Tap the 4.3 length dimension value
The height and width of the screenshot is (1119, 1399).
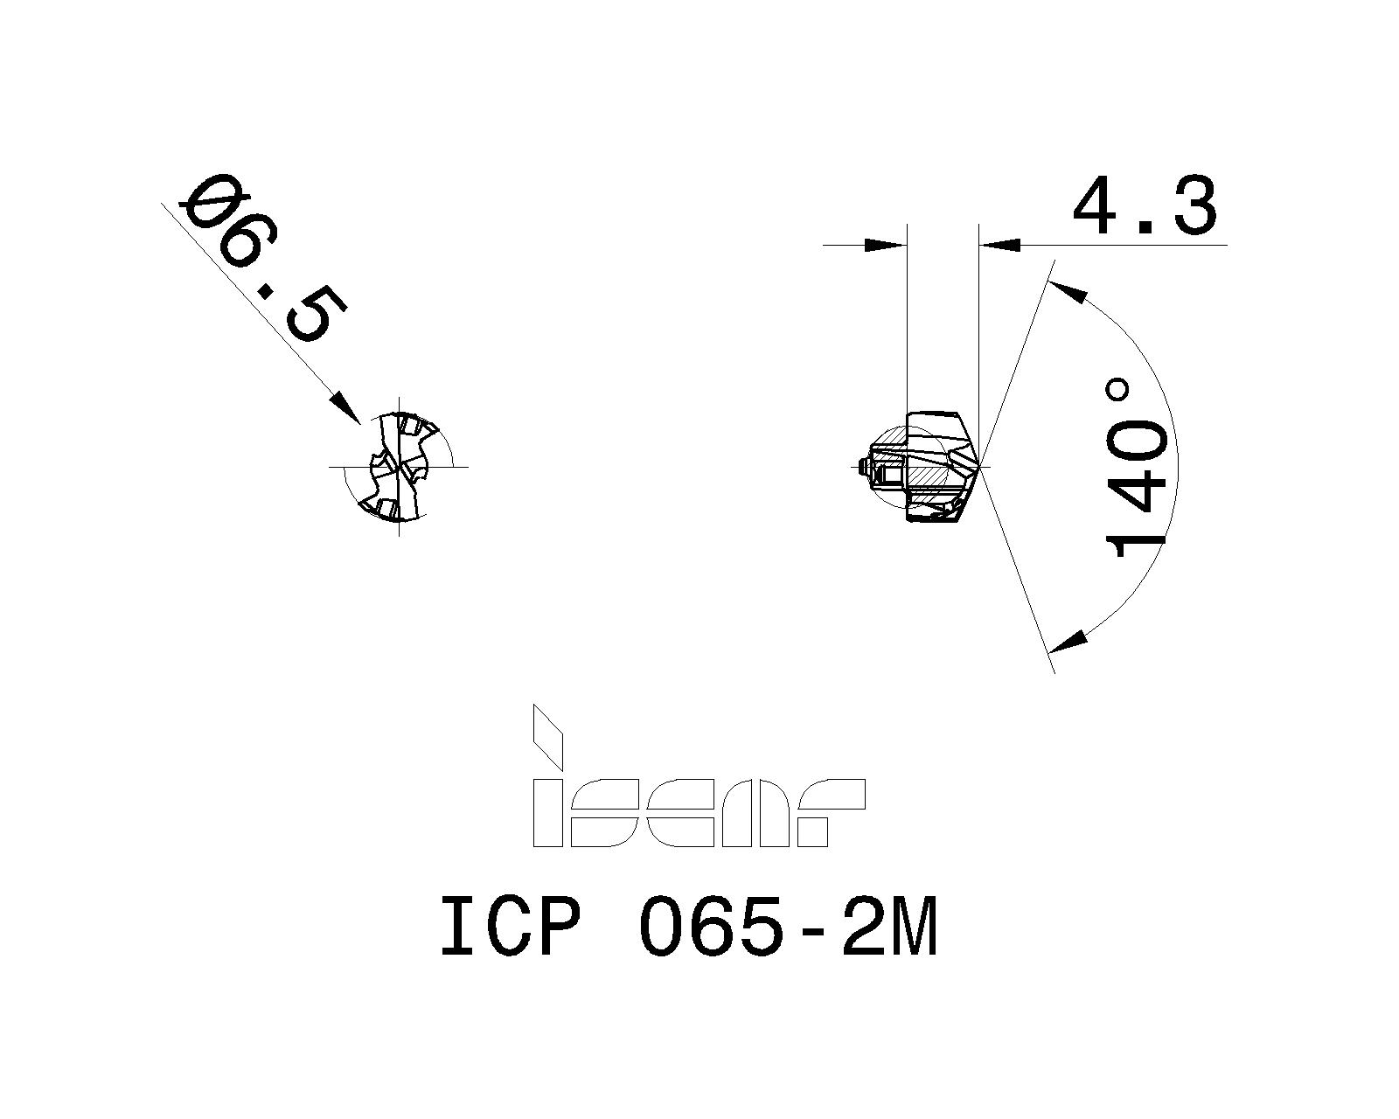click(1145, 206)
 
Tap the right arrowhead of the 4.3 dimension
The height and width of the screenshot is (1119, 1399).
click(999, 245)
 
